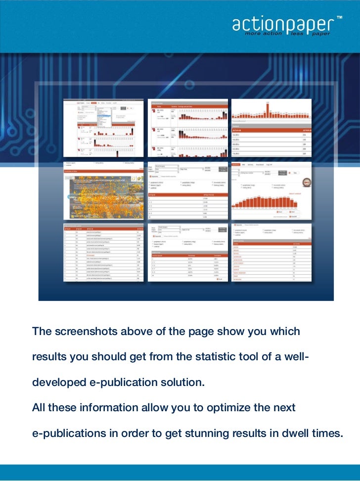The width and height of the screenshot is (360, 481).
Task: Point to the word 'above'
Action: (130, 331)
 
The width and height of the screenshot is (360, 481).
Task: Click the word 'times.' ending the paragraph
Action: (328, 434)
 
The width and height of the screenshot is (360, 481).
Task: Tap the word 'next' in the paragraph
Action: (285, 408)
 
